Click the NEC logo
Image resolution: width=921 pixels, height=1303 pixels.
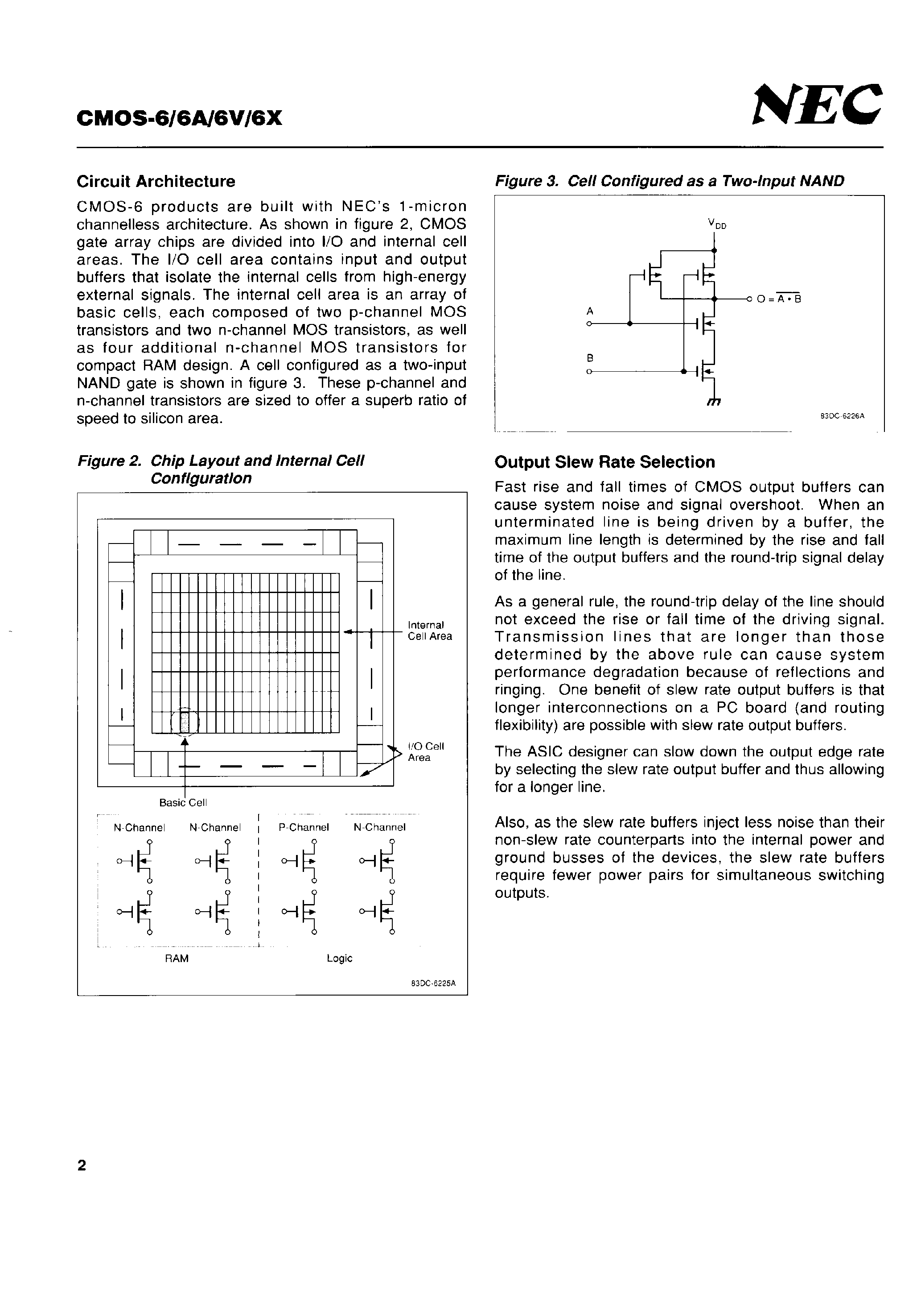[817, 105]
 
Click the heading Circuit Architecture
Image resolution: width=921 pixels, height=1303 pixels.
[156, 182]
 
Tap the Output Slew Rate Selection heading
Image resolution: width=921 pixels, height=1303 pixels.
[604, 462]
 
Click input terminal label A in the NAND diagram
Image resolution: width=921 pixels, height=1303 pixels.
[590, 311]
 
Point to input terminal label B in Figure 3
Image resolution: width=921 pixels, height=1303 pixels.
[590, 358]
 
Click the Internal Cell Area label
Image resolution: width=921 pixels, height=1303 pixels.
[430, 631]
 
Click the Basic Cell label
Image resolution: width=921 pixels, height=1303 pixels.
[183, 802]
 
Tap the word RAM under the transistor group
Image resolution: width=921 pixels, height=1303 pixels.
[177, 959]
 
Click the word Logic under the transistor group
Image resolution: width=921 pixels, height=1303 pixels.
[339, 959]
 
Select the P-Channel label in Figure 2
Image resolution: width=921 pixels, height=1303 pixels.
[304, 827]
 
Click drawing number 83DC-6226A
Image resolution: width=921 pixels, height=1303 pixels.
[842, 416]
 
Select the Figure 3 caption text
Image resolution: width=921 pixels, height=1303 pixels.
[669, 181]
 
